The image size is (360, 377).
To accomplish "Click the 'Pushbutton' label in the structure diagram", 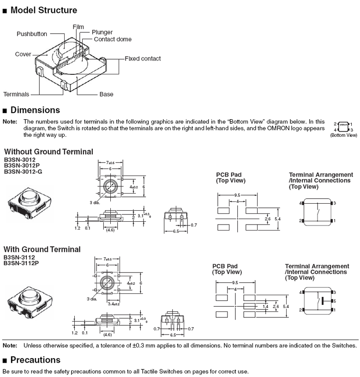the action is [x=32, y=34].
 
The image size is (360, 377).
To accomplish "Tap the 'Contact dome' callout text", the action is [x=113, y=39].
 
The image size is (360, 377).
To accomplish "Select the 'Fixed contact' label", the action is [x=143, y=58].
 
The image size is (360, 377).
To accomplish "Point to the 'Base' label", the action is [x=107, y=94].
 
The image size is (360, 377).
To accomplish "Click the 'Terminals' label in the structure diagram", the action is [x=16, y=94].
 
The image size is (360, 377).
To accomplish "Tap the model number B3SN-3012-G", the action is [x=23, y=171].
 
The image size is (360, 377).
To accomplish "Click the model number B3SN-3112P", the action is [x=21, y=263].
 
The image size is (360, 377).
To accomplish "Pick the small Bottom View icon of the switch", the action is [x=343, y=127].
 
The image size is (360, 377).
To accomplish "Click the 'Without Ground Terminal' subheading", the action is [x=48, y=152].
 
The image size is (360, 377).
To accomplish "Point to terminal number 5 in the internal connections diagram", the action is [x=335, y=301].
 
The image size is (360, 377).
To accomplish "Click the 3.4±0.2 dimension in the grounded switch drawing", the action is [x=114, y=304].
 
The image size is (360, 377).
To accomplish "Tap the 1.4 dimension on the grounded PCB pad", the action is [x=265, y=306].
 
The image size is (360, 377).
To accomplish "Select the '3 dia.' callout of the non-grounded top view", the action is [x=95, y=203].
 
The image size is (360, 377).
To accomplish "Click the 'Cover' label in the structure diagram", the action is [x=23, y=54].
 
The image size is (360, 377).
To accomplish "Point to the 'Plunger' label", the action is [x=102, y=32].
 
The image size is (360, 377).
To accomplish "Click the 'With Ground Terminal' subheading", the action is [x=42, y=249].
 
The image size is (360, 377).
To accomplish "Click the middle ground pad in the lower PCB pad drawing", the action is [x=249, y=306].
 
